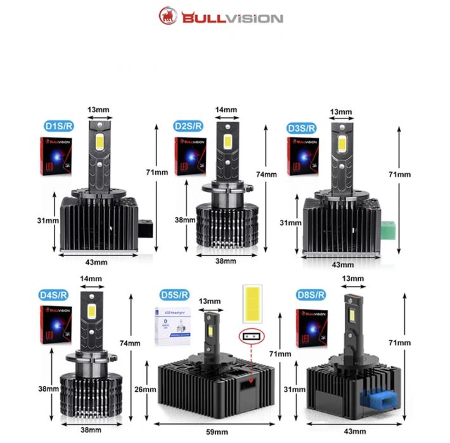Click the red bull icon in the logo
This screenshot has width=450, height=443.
[169, 15]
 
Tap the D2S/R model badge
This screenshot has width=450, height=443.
[188, 125]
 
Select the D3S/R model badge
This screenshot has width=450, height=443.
[301, 127]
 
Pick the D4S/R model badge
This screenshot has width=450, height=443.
[54, 294]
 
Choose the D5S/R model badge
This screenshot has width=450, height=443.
[174, 294]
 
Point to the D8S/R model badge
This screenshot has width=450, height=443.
[311, 295]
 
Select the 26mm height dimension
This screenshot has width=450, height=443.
[145, 389]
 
